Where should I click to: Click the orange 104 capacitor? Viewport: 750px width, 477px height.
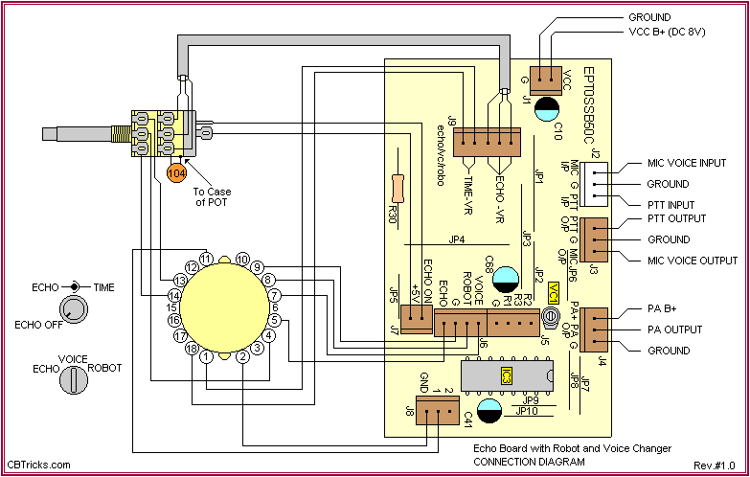click(x=176, y=173)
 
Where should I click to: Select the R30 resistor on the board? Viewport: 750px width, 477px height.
click(x=398, y=189)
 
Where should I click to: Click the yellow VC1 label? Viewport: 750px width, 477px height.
click(x=554, y=291)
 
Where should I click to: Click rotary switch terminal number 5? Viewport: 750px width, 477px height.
click(x=274, y=320)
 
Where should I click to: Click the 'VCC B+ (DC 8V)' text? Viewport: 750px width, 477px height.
click(x=667, y=32)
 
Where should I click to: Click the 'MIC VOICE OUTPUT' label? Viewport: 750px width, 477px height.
click(x=693, y=261)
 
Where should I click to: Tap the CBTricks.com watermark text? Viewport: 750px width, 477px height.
click(x=38, y=464)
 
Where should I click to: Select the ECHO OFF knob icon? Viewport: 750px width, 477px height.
click(x=70, y=308)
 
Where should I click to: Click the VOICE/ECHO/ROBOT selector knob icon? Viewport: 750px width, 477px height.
click(x=73, y=380)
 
